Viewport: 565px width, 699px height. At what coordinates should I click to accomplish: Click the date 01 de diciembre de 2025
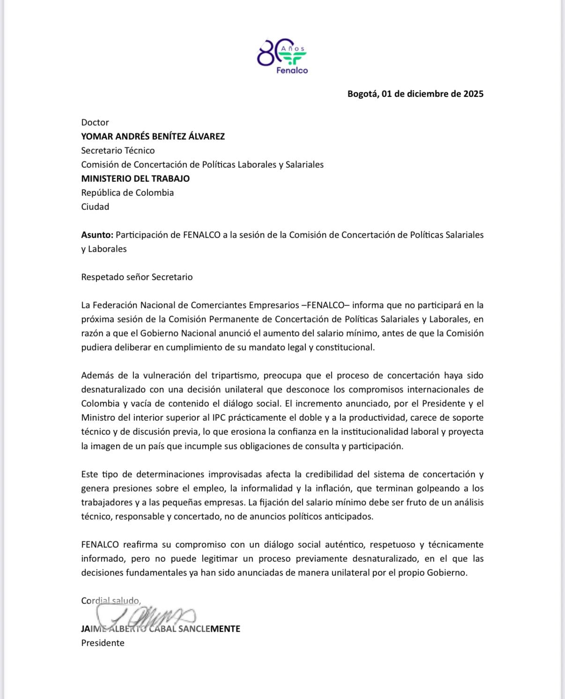click(432, 94)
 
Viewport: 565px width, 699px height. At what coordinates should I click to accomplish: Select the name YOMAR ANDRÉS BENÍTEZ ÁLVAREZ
click(153, 136)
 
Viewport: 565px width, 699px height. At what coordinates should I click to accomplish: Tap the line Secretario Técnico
click(118, 150)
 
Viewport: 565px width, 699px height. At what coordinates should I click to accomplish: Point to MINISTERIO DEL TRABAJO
click(135, 178)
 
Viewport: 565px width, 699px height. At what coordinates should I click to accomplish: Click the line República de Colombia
click(127, 193)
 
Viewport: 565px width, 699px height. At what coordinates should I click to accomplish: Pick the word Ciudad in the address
click(95, 207)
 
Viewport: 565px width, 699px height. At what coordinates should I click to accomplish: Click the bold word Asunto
click(97, 235)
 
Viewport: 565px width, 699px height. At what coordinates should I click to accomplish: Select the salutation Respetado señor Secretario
click(137, 277)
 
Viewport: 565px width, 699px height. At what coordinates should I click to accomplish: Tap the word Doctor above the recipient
click(95, 122)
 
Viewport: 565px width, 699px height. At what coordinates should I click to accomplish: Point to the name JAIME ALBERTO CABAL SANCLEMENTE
click(160, 629)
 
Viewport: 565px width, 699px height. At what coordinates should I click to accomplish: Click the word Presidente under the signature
click(103, 643)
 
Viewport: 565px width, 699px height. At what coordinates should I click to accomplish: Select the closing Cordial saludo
click(111, 601)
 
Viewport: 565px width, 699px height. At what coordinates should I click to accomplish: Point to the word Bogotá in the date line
click(362, 94)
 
